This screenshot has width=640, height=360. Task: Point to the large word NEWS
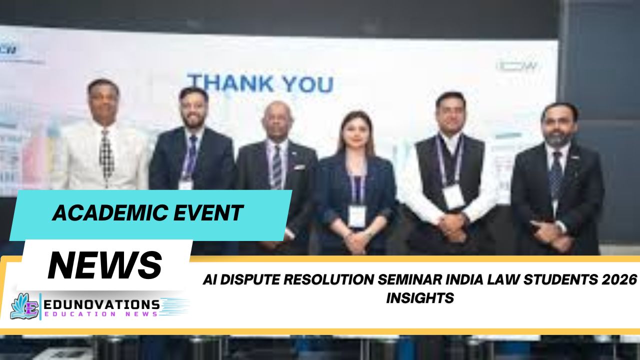[105, 265]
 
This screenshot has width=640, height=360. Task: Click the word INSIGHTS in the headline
[420, 298]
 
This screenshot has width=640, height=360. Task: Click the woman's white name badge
[356, 216]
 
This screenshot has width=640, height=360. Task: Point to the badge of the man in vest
[453, 196]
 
